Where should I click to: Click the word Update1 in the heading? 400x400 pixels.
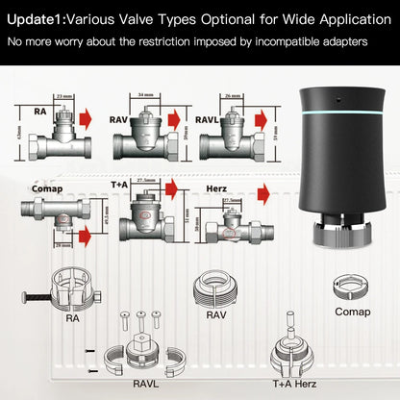pyautogui.click(x=37, y=16)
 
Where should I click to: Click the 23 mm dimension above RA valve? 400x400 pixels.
pyautogui.click(x=64, y=97)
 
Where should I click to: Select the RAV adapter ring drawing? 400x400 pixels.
pyautogui.click(x=216, y=288)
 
